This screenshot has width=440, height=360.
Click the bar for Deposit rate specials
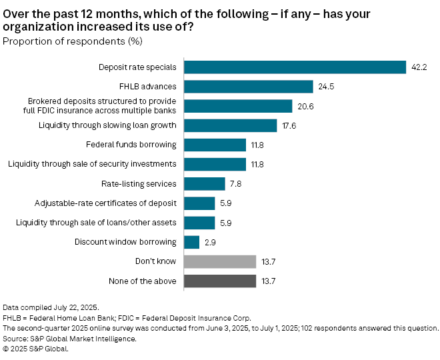click(x=295, y=67)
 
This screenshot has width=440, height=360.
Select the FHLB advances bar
click(x=248, y=87)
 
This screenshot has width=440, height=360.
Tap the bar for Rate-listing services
click(x=204, y=184)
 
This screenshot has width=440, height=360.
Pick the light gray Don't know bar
click(x=219, y=261)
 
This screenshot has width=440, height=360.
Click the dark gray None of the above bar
click(x=219, y=281)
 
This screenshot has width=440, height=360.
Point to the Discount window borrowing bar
click(x=191, y=242)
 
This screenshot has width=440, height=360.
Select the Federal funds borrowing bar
click(x=215, y=145)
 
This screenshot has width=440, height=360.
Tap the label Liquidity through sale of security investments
click(x=92, y=164)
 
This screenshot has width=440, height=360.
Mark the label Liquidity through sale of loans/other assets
click(x=95, y=223)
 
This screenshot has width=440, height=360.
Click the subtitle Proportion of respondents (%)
click(x=73, y=41)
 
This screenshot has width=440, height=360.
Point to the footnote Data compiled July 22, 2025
click(x=51, y=307)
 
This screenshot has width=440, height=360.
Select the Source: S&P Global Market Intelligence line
click(x=70, y=339)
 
